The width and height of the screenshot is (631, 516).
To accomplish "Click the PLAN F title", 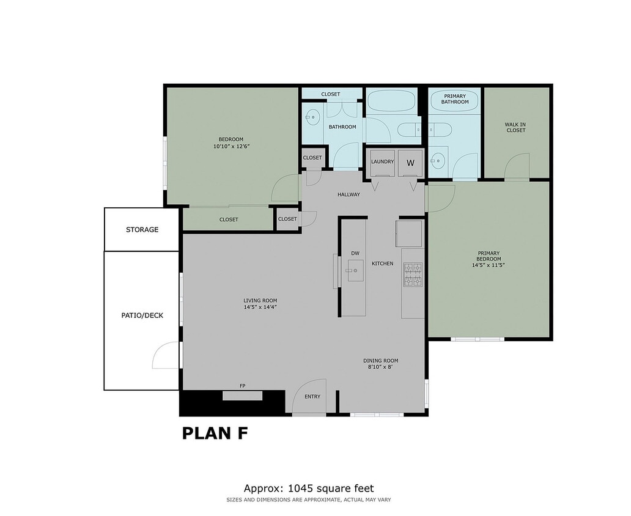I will pos(215,433).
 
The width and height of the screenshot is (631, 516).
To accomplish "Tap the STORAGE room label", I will pos(142,230).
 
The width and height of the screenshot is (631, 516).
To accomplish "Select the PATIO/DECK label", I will pos(142,315).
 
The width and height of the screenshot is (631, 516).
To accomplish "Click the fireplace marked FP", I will pos(242,395).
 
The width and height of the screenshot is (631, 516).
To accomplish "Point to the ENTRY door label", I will pos(312,397).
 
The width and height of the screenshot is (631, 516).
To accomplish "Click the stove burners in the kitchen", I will pos(413,275).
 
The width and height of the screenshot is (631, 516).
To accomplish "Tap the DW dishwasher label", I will pos(355,253).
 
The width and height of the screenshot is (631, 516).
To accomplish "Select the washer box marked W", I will pos(410,163).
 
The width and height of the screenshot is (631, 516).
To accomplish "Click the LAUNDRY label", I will pos(382,161).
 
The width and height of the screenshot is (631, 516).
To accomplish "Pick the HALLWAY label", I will pos(349,194).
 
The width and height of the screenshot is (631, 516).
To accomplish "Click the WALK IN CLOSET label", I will pos(515,127).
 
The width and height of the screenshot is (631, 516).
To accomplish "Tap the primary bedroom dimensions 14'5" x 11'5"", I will pos(487,265).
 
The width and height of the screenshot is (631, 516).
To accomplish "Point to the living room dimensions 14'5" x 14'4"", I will pos(260,307).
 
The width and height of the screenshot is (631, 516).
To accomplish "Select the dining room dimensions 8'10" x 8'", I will pos(380,367).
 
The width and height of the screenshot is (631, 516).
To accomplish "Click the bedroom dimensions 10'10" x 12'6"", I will pos(231,146).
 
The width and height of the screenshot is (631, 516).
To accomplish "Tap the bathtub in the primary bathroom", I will pos(455,99).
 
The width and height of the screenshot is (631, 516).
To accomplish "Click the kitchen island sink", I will pos(355,269).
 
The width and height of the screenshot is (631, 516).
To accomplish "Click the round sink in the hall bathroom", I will pos(312,116).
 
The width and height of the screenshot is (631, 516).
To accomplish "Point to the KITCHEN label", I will pos(382,264).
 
